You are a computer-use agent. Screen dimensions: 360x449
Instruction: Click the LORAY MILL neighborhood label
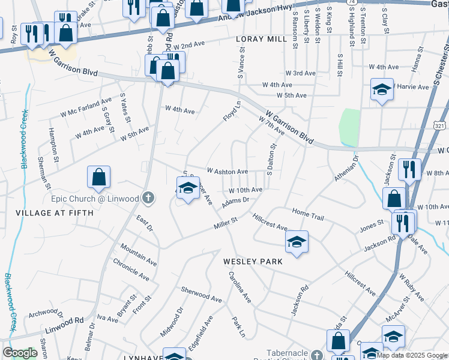point(262,39)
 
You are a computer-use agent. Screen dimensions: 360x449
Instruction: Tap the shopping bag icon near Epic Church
point(98,178)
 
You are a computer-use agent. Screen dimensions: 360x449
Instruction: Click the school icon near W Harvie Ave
point(382,90)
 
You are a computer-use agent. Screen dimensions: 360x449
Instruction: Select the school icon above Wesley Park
point(297,242)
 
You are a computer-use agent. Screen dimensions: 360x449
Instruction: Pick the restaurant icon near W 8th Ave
point(409,170)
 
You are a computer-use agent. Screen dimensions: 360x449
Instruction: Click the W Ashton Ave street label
point(227,172)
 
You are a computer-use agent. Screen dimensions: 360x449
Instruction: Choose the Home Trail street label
point(308,212)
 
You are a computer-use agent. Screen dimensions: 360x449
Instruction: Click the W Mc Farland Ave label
point(86,107)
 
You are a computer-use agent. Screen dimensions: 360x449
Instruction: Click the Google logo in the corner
point(20,353)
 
